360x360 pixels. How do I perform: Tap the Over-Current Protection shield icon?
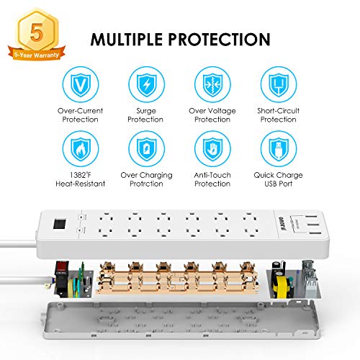(79, 85)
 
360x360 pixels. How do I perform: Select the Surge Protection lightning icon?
(145, 85)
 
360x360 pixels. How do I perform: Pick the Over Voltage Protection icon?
(212, 85)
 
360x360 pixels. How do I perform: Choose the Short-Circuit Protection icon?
(279, 85)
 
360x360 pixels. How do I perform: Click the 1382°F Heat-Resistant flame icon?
(79, 150)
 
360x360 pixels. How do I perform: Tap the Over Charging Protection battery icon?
(145, 150)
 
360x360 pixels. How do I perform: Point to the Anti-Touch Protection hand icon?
(212, 150)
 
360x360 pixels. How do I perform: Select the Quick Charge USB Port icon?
(279, 150)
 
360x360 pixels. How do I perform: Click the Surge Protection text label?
(145, 116)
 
